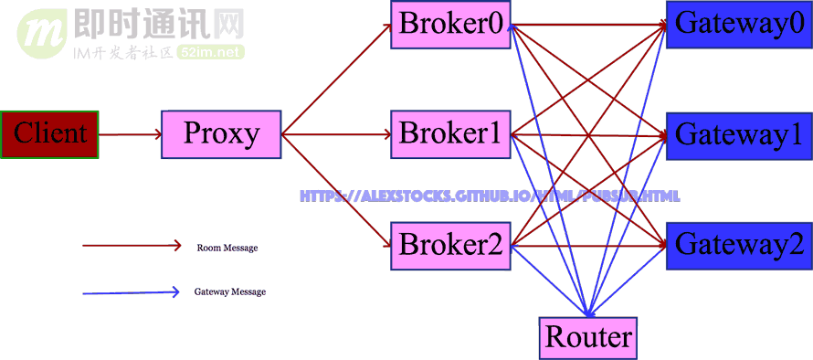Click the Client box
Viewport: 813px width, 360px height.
49,134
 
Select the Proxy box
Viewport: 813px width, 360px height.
221,134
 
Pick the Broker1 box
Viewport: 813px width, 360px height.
450,134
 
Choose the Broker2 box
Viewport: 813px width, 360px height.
450,245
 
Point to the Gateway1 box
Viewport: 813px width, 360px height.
740,135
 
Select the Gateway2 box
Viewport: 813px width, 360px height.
740,245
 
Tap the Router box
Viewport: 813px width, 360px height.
588,337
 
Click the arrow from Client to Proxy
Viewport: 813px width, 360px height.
130,134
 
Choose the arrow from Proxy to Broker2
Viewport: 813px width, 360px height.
335,190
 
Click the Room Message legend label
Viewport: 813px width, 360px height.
227,248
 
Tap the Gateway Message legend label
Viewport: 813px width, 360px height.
229,292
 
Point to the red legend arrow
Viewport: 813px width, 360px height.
132,245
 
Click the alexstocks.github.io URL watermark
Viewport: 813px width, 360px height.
490,196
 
